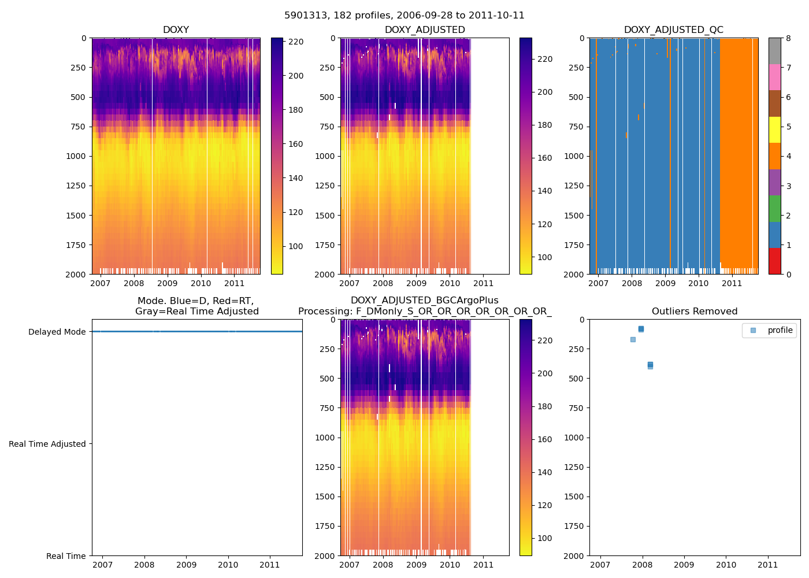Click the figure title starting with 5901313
(x=404, y=16)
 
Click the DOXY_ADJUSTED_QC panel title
(x=673, y=30)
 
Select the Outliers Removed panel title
(x=694, y=312)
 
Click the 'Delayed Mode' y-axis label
(x=57, y=332)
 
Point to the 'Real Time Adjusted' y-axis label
(x=47, y=444)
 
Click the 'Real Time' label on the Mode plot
(x=66, y=556)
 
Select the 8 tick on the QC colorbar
(x=788, y=39)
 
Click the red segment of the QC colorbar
(x=774, y=261)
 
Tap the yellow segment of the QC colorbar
(x=774, y=129)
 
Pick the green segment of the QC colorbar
(x=774, y=208)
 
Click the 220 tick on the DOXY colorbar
(x=296, y=42)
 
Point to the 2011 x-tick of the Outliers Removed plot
(x=768, y=565)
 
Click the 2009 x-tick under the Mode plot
(x=186, y=565)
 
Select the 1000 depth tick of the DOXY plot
(x=76, y=156)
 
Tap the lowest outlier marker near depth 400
(x=650, y=366)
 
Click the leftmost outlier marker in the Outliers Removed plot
(x=633, y=339)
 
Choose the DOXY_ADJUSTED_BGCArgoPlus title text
(x=424, y=301)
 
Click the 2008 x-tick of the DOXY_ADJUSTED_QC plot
(x=632, y=283)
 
